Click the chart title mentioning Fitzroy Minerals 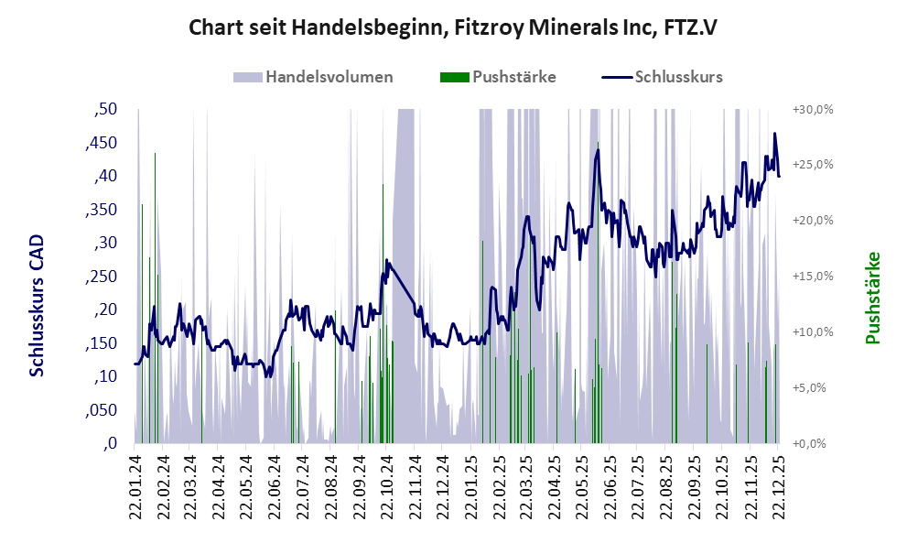pos(452,27)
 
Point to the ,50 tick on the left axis pos(106,110)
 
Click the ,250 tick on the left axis pos(102,277)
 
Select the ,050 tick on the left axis pos(102,410)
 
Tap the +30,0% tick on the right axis pos(811,110)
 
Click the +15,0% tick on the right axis pos(811,277)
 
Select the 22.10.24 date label pos(386,486)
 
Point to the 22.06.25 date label pos(609,486)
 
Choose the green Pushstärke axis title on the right pos(871,299)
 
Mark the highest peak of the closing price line pos(774,134)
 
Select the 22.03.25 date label pos(525,486)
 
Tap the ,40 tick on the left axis pos(106,177)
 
